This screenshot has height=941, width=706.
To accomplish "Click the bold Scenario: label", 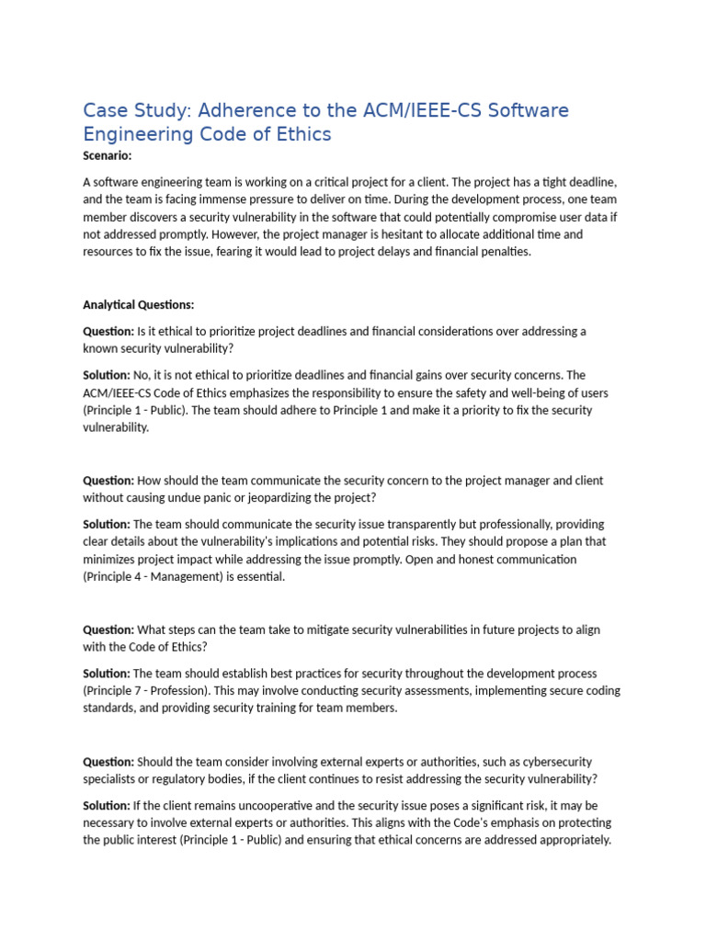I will coord(108,155).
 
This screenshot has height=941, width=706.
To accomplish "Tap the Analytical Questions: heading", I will coord(139,304).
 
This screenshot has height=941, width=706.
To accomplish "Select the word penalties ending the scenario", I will coord(502,252).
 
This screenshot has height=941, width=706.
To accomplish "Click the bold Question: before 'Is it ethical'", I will coord(108,331).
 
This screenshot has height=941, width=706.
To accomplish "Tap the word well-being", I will coord(545,392).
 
